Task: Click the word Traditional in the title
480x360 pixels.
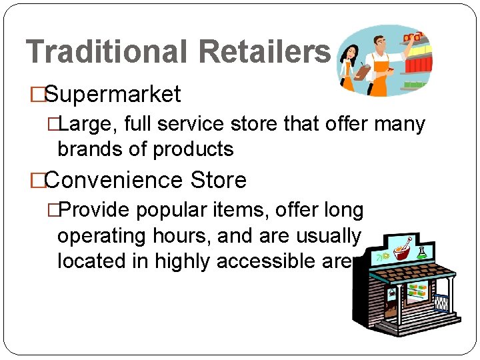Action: (x=107, y=51)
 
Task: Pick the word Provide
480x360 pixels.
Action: (x=96, y=211)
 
